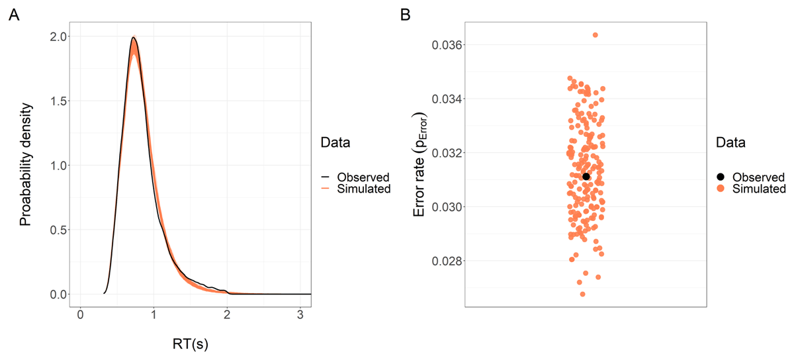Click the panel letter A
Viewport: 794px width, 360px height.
click(x=13, y=15)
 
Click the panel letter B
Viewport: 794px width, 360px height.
click(x=406, y=15)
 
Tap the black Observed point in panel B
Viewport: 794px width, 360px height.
click(x=586, y=176)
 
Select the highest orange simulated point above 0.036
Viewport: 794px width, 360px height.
click(x=595, y=35)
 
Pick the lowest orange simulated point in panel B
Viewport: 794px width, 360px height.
click(x=583, y=294)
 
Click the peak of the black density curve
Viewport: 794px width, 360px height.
click(x=134, y=38)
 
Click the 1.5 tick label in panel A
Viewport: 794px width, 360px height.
click(x=54, y=101)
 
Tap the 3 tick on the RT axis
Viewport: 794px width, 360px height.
click(x=300, y=316)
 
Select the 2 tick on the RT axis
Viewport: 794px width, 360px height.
click(x=227, y=316)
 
